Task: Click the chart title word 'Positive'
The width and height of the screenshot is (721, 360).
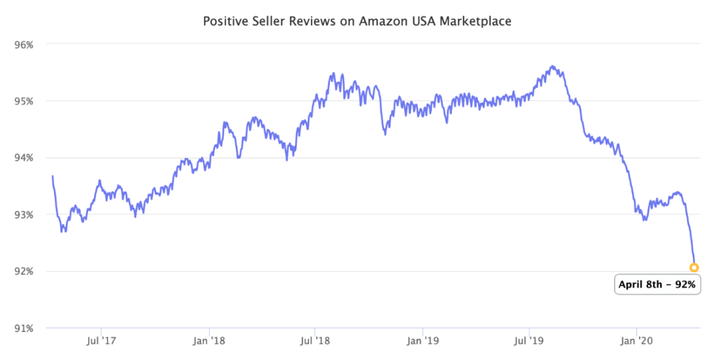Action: point(223,21)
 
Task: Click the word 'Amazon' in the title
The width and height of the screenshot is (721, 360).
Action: point(377,21)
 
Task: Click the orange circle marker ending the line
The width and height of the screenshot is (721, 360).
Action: point(694,267)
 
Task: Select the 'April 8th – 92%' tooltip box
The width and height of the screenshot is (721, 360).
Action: point(657,285)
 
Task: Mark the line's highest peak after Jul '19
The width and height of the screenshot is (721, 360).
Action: point(552,66)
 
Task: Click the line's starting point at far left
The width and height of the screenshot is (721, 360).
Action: point(52,176)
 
